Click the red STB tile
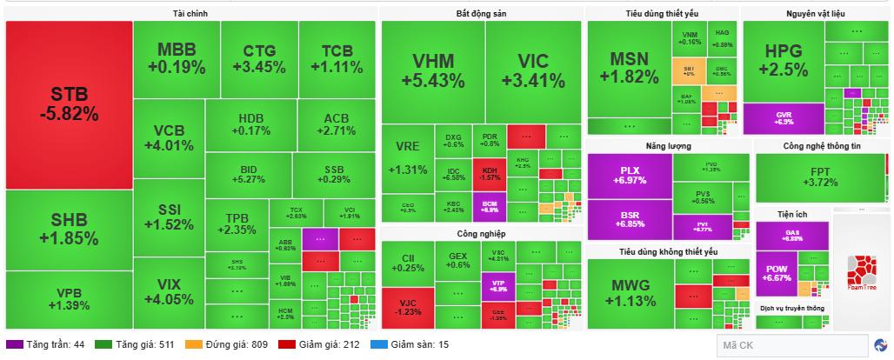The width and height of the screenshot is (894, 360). pyautogui.click(x=69, y=104)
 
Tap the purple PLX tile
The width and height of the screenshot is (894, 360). pyautogui.click(x=630, y=175)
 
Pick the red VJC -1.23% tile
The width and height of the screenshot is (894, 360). pyautogui.click(x=407, y=307)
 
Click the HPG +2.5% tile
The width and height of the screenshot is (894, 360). pyautogui.click(x=783, y=61)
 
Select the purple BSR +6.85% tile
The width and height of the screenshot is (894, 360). pyautogui.click(x=630, y=219)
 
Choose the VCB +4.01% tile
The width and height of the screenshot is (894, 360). pyautogui.click(x=169, y=137)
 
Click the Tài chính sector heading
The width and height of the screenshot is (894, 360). pyautogui.click(x=190, y=14)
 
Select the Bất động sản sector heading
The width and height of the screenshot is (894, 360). pyautogui.click(x=481, y=14)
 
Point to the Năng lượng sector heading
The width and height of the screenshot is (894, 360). pyautogui.click(x=667, y=145)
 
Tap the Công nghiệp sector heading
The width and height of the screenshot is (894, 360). pyautogui.click(x=481, y=233)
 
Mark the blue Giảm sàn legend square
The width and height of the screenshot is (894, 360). pyautogui.click(x=377, y=344)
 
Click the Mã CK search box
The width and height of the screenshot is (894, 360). pyautogui.click(x=791, y=345)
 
